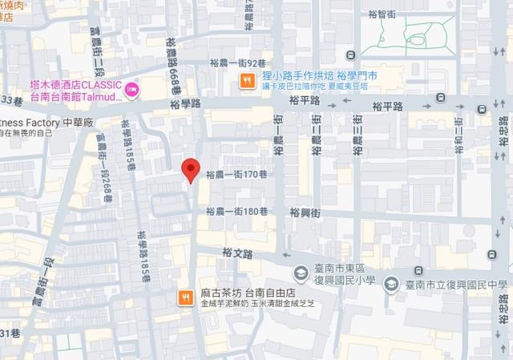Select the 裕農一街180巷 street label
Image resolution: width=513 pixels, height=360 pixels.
click(x=235, y=212)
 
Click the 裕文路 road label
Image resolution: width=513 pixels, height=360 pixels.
click(x=236, y=253)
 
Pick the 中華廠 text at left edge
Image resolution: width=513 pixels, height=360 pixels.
click(x=79, y=122)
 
